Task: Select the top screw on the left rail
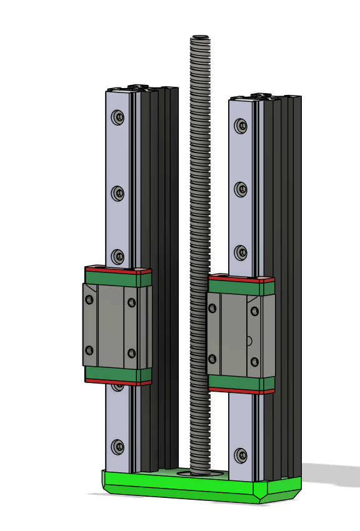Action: pos(118,117)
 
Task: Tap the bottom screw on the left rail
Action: pos(118,446)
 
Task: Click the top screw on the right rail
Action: pos(241,126)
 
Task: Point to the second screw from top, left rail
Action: pos(118,193)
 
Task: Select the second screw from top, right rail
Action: pos(241,189)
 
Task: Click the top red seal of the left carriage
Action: pos(118,270)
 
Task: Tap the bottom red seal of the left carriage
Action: pos(118,382)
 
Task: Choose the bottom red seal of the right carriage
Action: pos(241,391)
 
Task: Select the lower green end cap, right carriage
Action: pos(241,382)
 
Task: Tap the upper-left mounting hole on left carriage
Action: pos(89,300)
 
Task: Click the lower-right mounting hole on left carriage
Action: pos(131,354)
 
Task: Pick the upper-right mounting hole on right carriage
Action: pos(254,310)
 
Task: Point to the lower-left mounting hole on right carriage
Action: pos(212,359)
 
